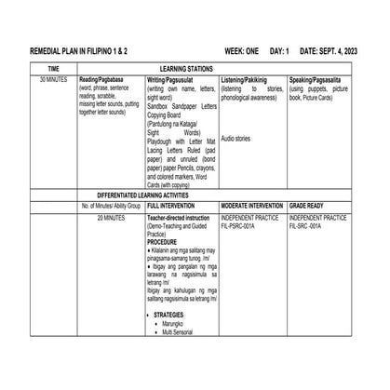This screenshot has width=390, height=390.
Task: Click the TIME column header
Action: [54, 69]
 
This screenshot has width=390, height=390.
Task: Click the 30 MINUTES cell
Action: [54, 81]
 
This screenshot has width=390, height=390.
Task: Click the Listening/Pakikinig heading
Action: [246, 81]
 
